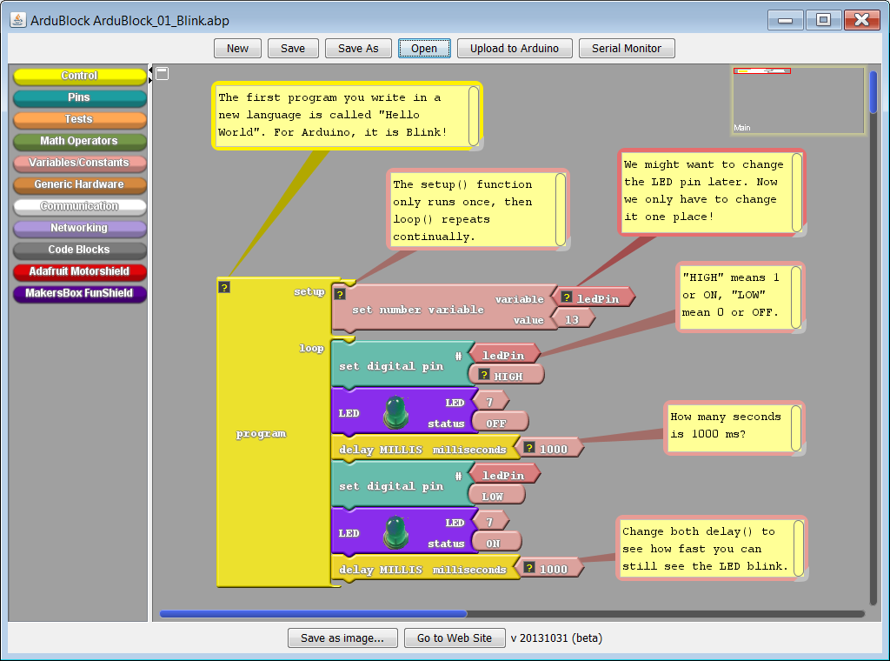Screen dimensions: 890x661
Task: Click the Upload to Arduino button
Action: (x=515, y=48)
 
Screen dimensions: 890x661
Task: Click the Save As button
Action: (x=358, y=48)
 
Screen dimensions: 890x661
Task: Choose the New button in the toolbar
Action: (x=237, y=48)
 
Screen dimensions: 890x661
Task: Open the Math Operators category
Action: (x=79, y=141)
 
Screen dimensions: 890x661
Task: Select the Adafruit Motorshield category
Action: (x=79, y=271)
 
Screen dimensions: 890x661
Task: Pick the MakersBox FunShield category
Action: (x=79, y=293)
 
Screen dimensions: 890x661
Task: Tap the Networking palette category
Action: (x=79, y=228)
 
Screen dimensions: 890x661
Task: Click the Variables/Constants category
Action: (x=79, y=163)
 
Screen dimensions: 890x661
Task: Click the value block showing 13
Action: (x=572, y=320)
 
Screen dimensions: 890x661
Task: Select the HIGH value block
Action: (x=507, y=376)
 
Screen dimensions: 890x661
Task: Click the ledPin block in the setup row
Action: (x=596, y=298)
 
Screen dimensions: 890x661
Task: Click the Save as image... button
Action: (x=342, y=638)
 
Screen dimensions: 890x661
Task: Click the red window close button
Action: (x=862, y=20)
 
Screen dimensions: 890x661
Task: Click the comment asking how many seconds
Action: (x=734, y=427)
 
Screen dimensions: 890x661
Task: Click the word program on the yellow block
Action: (x=261, y=434)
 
